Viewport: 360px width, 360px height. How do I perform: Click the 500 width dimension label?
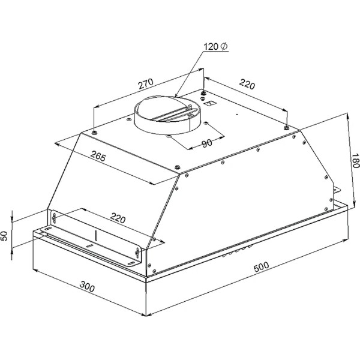click(x=261, y=266)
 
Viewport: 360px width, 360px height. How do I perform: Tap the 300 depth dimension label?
click(x=87, y=287)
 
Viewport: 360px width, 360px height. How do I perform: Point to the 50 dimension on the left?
click(x=4, y=236)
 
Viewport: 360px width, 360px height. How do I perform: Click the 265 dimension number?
click(x=98, y=156)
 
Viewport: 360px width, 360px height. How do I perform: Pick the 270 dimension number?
click(x=146, y=83)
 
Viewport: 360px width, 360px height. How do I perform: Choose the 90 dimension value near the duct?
click(x=207, y=143)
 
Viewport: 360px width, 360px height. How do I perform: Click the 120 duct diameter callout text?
click(x=211, y=47)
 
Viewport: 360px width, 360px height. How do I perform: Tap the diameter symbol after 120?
click(x=224, y=46)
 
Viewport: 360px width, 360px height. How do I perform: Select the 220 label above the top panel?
click(x=247, y=84)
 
